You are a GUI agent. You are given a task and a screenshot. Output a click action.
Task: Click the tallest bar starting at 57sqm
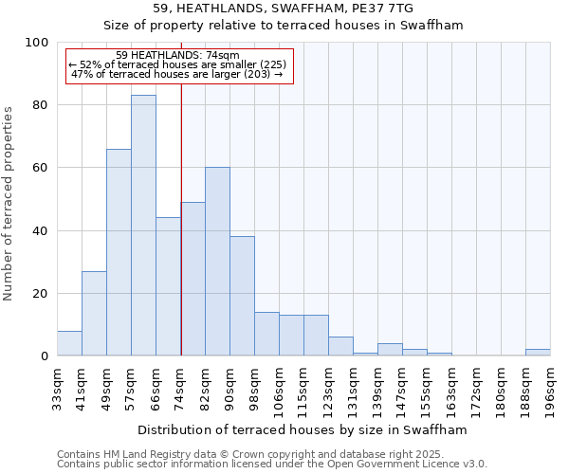(143, 226)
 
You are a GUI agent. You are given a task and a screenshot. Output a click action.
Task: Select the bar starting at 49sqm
(119, 252)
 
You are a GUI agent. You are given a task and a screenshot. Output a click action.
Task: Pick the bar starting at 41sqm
(94, 314)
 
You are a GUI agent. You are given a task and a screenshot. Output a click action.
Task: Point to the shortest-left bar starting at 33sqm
(69, 343)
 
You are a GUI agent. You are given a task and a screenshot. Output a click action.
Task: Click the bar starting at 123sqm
(340, 346)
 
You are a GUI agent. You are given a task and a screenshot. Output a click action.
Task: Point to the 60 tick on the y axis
(41, 168)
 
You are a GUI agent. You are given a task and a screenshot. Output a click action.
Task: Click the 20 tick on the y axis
(41, 294)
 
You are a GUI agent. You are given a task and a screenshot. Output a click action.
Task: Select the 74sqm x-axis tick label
(180, 386)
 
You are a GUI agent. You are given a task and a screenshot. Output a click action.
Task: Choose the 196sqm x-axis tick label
(550, 386)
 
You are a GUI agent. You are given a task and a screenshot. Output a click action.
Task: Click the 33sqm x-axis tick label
(57, 386)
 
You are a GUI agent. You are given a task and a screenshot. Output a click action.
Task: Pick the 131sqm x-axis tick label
(353, 387)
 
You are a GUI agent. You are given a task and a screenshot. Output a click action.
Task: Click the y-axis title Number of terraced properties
(9, 204)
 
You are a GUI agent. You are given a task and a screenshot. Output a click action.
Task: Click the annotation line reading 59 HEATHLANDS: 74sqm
(177, 56)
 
